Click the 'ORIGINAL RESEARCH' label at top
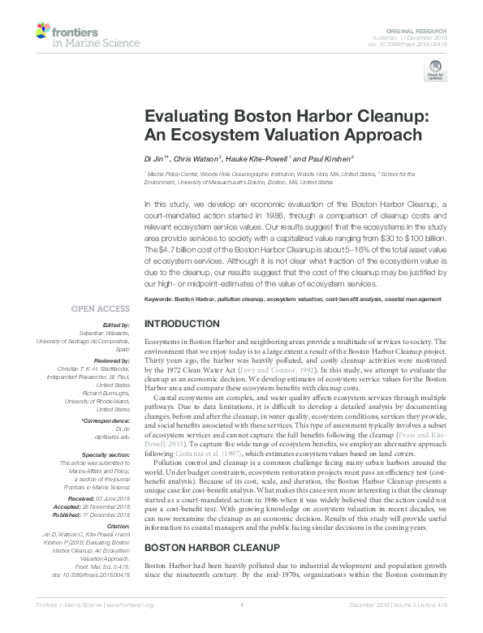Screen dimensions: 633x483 [423, 29]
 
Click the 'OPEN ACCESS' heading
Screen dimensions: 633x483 [101, 308]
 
